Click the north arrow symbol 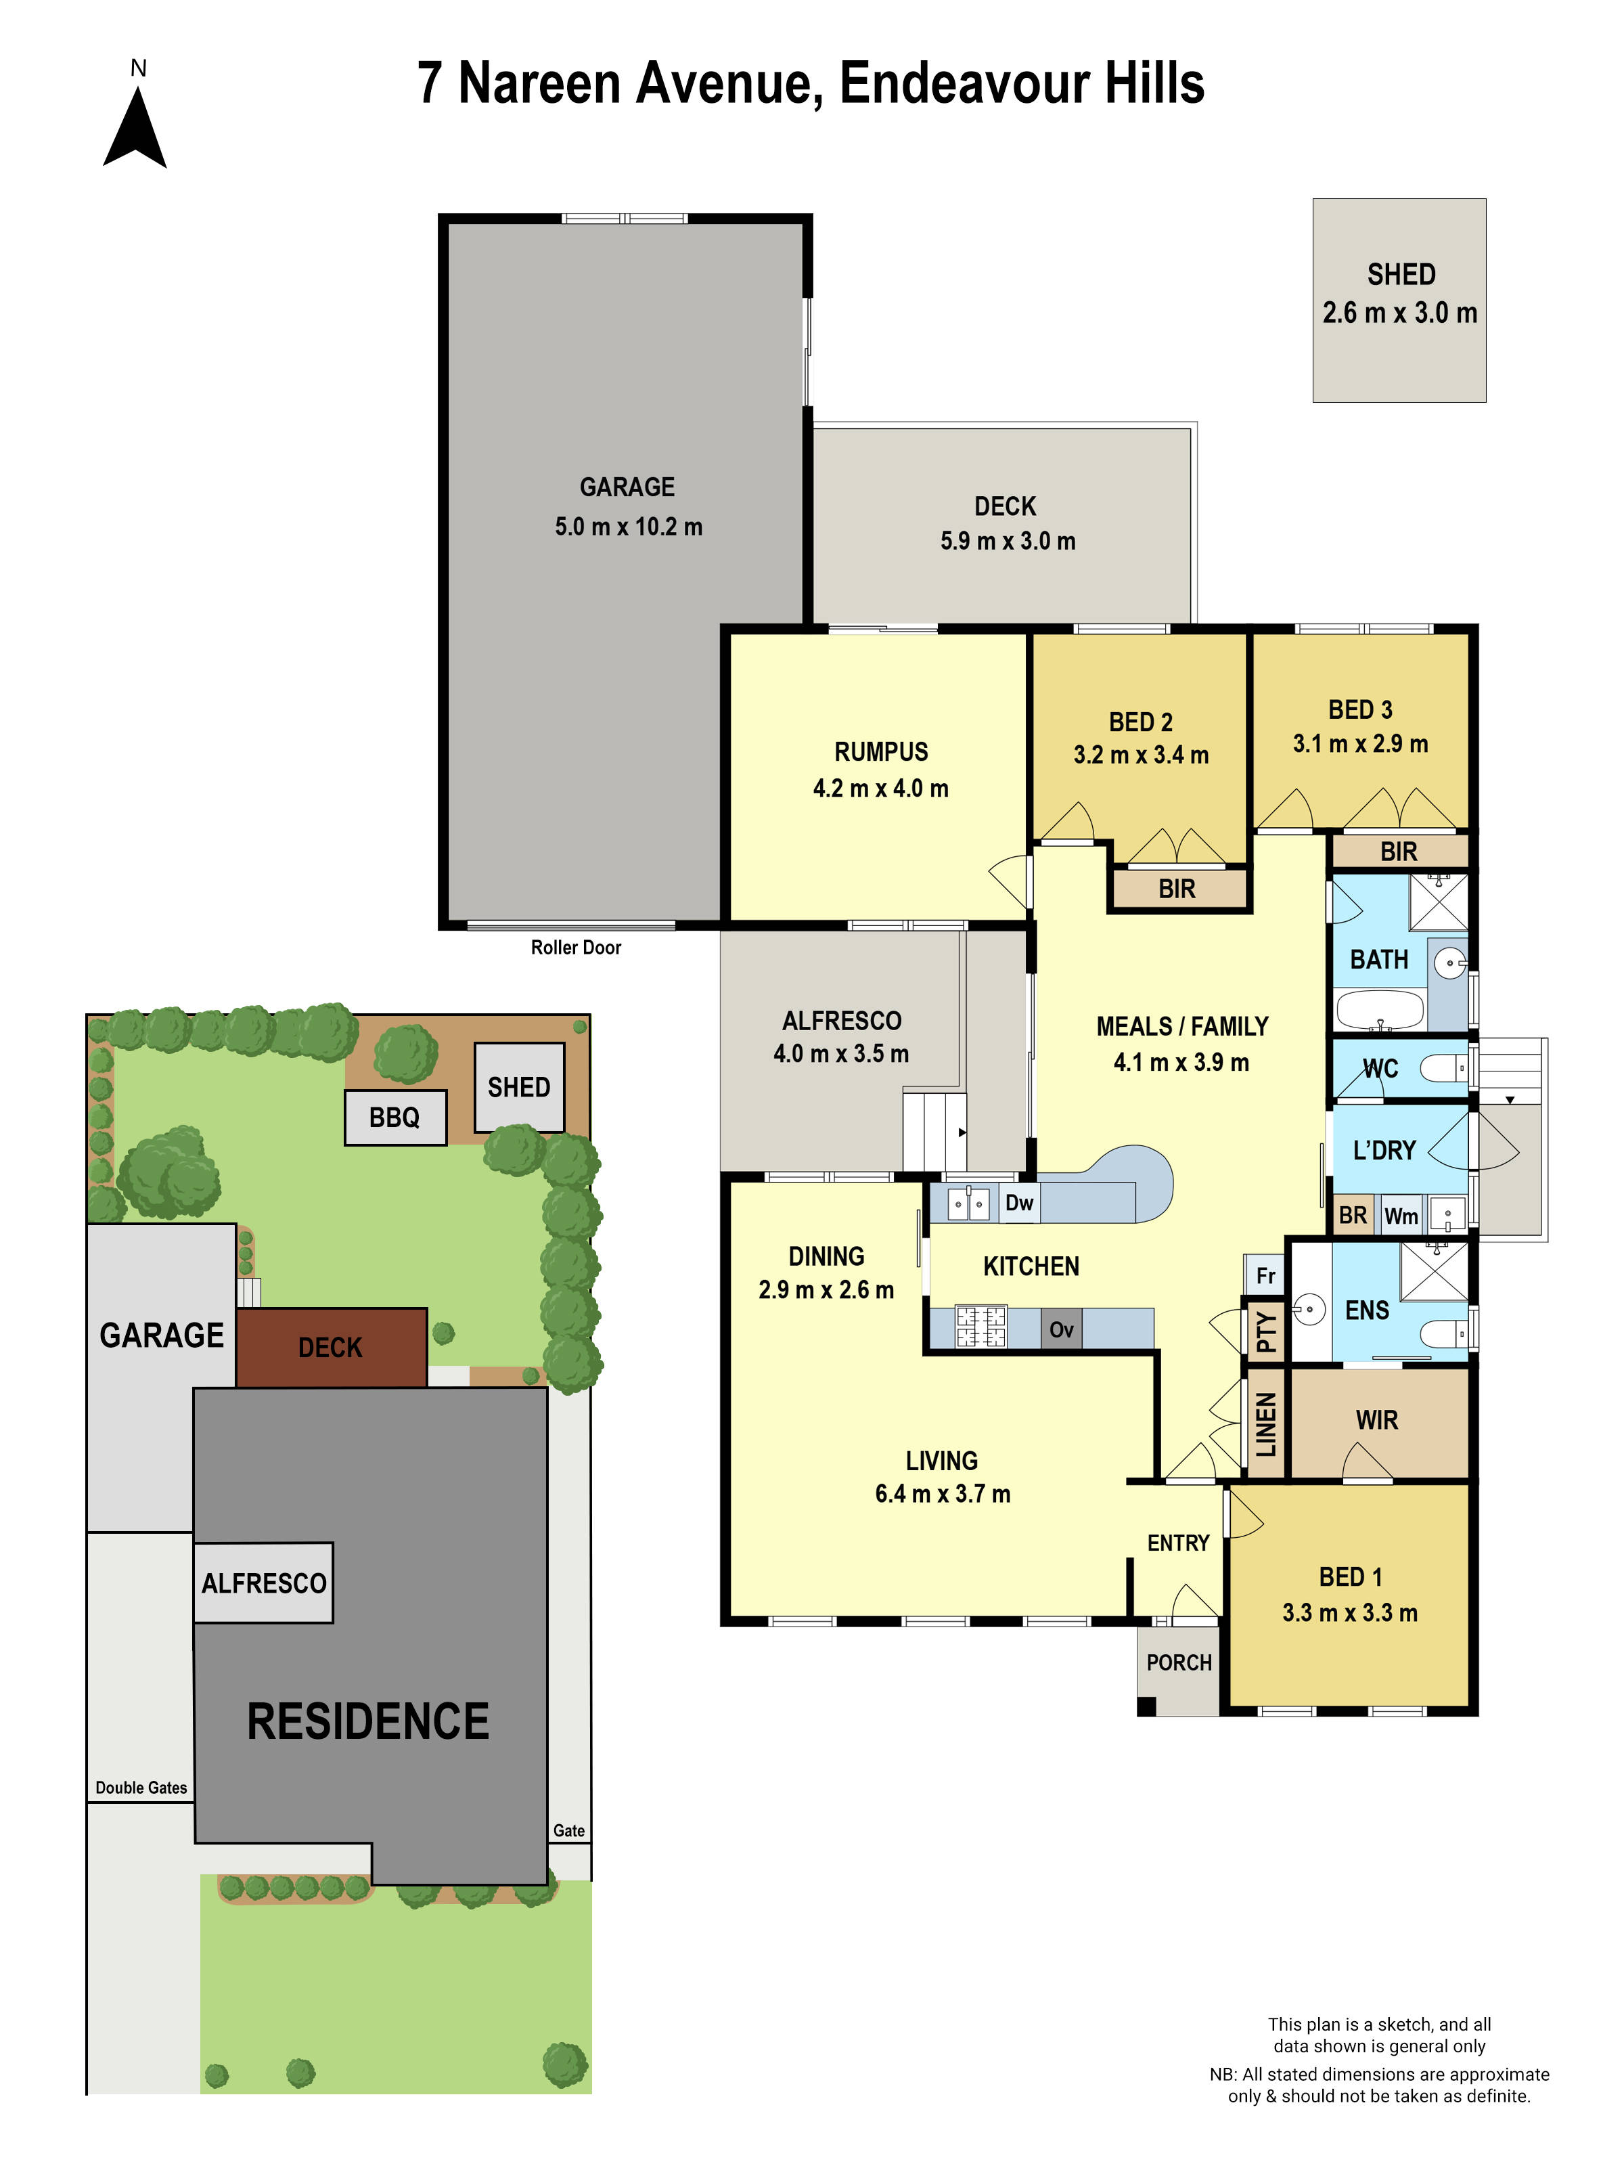click(135, 130)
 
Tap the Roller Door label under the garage click(576, 947)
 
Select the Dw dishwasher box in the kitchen click(1018, 1202)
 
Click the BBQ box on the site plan click(394, 1118)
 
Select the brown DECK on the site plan click(331, 1348)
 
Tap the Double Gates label click(141, 1787)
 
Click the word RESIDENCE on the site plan click(368, 1721)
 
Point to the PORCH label click(1179, 1662)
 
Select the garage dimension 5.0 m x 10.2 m click(629, 527)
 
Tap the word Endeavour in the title click(965, 83)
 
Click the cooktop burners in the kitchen click(981, 1328)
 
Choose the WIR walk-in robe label click(1376, 1420)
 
